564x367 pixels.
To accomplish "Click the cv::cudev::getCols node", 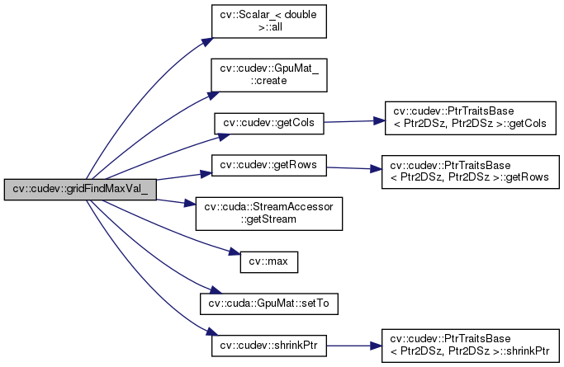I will pyautogui.click(x=268, y=124).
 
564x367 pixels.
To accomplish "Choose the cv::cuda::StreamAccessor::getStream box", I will pyautogui.click(x=268, y=213).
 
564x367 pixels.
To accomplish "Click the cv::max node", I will pyautogui.click(x=268, y=262).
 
